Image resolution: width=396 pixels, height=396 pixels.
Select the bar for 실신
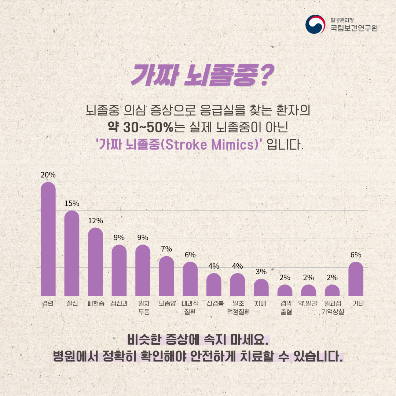pyautogui.click(x=72, y=253)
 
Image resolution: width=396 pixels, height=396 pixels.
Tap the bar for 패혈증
pyautogui.click(x=95, y=262)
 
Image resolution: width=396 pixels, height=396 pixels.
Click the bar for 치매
pyautogui.click(x=261, y=287)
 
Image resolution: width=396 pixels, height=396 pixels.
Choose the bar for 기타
pyautogui.click(x=356, y=279)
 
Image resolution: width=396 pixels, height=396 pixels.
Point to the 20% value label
pyautogui.click(x=48, y=175)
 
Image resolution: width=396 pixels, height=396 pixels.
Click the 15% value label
pyautogui.click(x=72, y=203)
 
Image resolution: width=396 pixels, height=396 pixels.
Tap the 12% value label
pyautogui.click(x=95, y=221)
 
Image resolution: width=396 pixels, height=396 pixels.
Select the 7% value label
pyautogui.click(x=166, y=249)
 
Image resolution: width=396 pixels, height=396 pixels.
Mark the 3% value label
pyautogui.click(x=261, y=272)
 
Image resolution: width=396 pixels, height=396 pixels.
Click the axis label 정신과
pyautogui.click(x=119, y=304)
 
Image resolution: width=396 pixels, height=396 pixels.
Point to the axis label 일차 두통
pyautogui.click(x=143, y=308)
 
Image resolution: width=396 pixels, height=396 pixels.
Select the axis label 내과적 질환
pyautogui.click(x=190, y=308)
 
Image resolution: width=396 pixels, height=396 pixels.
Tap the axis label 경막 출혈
pyautogui.click(x=285, y=308)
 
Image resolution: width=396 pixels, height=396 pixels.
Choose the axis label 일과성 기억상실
pyautogui.click(x=333, y=308)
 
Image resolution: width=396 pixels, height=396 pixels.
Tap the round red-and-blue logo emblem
pyautogui.click(x=316, y=25)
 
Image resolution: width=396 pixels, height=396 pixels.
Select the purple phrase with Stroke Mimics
pyautogui.click(x=180, y=144)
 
